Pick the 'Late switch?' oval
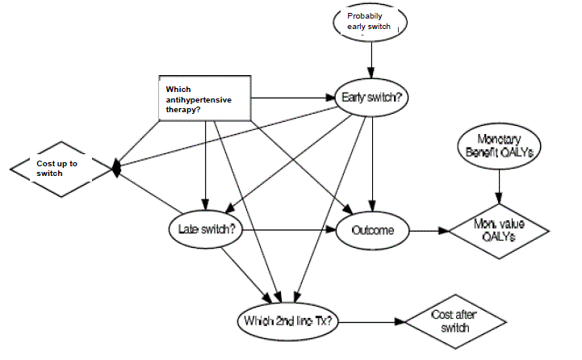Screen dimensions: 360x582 [x=207, y=229]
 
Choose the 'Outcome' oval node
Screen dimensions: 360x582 [x=373, y=230]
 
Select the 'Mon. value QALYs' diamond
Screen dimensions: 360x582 [x=498, y=230]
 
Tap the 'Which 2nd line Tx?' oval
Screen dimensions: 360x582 [x=289, y=320]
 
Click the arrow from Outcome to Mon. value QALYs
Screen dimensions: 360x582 [x=429, y=230]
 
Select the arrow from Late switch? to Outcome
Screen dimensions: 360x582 [x=291, y=230]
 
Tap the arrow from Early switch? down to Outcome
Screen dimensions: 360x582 [x=372, y=161]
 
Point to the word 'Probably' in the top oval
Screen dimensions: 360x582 [x=364, y=15]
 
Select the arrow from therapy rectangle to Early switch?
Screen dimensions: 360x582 [x=291, y=98]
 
